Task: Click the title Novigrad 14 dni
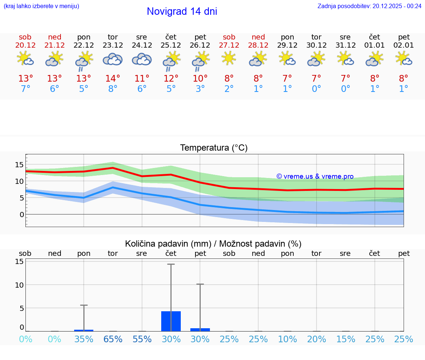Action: (x=182, y=11)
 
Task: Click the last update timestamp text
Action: (x=369, y=6)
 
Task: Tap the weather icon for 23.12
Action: (x=113, y=59)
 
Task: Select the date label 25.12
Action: (x=171, y=45)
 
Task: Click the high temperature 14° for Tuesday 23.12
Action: (x=113, y=78)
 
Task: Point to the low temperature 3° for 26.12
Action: (x=200, y=89)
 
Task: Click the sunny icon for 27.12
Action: (x=229, y=58)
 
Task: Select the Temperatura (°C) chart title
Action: (x=214, y=148)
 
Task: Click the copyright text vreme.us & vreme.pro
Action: (x=315, y=176)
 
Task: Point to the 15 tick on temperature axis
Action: (x=20, y=165)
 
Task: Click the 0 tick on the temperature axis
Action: (x=22, y=215)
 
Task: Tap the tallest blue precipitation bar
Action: (x=171, y=321)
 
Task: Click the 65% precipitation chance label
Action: (x=113, y=339)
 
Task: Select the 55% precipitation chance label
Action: (x=142, y=339)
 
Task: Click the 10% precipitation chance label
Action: (x=287, y=339)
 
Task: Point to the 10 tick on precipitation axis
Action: (x=20, y=285)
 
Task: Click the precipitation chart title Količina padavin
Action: (x=213, y=244)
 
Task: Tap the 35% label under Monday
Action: (x=84, y=339)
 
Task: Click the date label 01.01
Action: (x=374, y=45)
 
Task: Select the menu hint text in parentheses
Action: (x=41, y=6)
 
